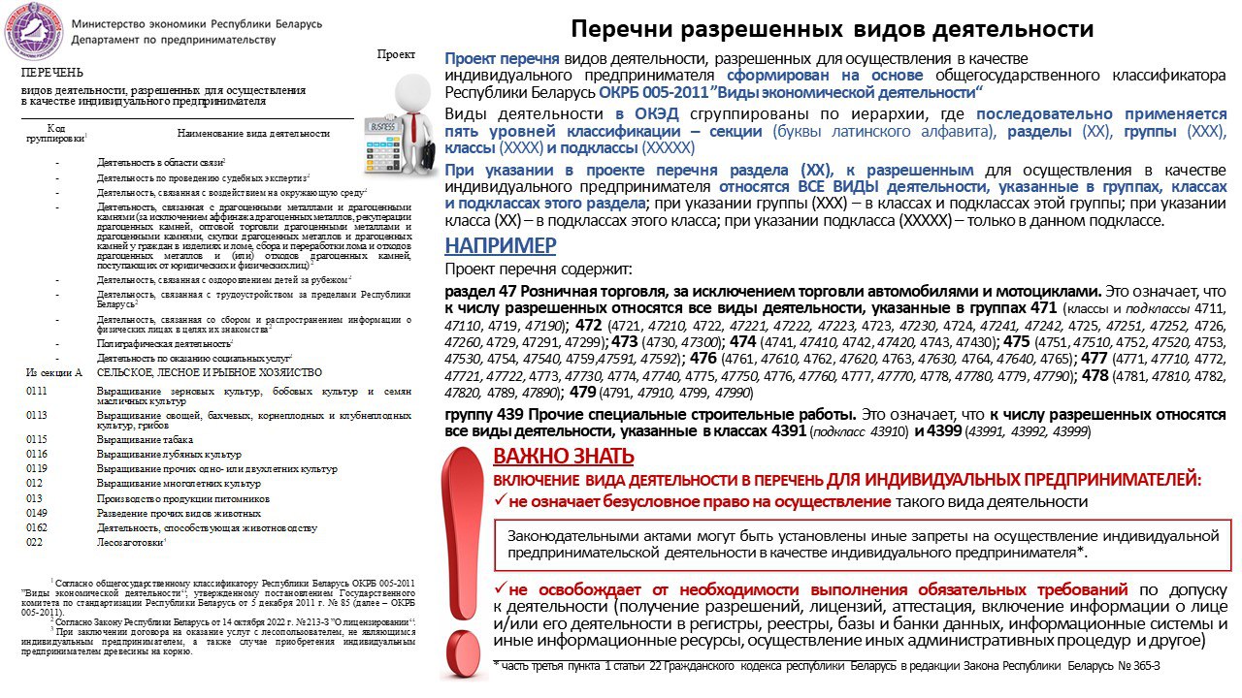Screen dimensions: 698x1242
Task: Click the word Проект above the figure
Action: [396, 55]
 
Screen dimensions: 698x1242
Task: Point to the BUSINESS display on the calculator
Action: [383, 127]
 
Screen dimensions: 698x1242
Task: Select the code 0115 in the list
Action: [37, 439]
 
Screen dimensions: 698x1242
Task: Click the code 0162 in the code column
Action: [37, 527]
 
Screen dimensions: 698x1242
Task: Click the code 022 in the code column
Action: [34, 542]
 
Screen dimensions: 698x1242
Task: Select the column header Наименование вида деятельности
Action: [253, 133]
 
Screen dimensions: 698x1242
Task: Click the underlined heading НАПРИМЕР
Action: [501, 245]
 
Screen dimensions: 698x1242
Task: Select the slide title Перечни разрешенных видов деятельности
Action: [832, 29]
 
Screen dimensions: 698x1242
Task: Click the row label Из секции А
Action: [54, 372]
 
